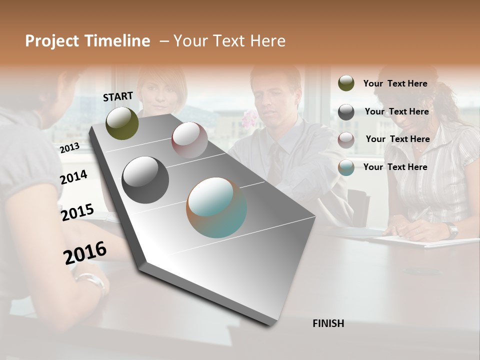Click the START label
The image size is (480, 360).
[x=118, y=96]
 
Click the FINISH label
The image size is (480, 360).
[x=328, y=323]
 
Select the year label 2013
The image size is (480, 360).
[x=69, y=147]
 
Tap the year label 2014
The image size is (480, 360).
[x=73, y=177]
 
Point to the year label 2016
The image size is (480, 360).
[x=85, y=252]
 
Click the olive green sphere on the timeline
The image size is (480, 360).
[x=122, y=123]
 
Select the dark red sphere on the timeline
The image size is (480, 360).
[x=189, y=139]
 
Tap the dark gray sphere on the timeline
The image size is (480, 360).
[x=145, y=180]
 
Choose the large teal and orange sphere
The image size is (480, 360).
[x=216, y=207]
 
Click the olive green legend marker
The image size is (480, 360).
[x=346, y=83]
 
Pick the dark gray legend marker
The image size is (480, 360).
[x=346, y=112]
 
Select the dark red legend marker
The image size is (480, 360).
[x=346, y=139]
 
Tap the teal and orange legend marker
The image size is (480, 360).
[x=346, y=167]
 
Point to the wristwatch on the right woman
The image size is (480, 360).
[x=452, y=230]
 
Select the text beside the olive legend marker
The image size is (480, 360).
[x=395, y=83]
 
